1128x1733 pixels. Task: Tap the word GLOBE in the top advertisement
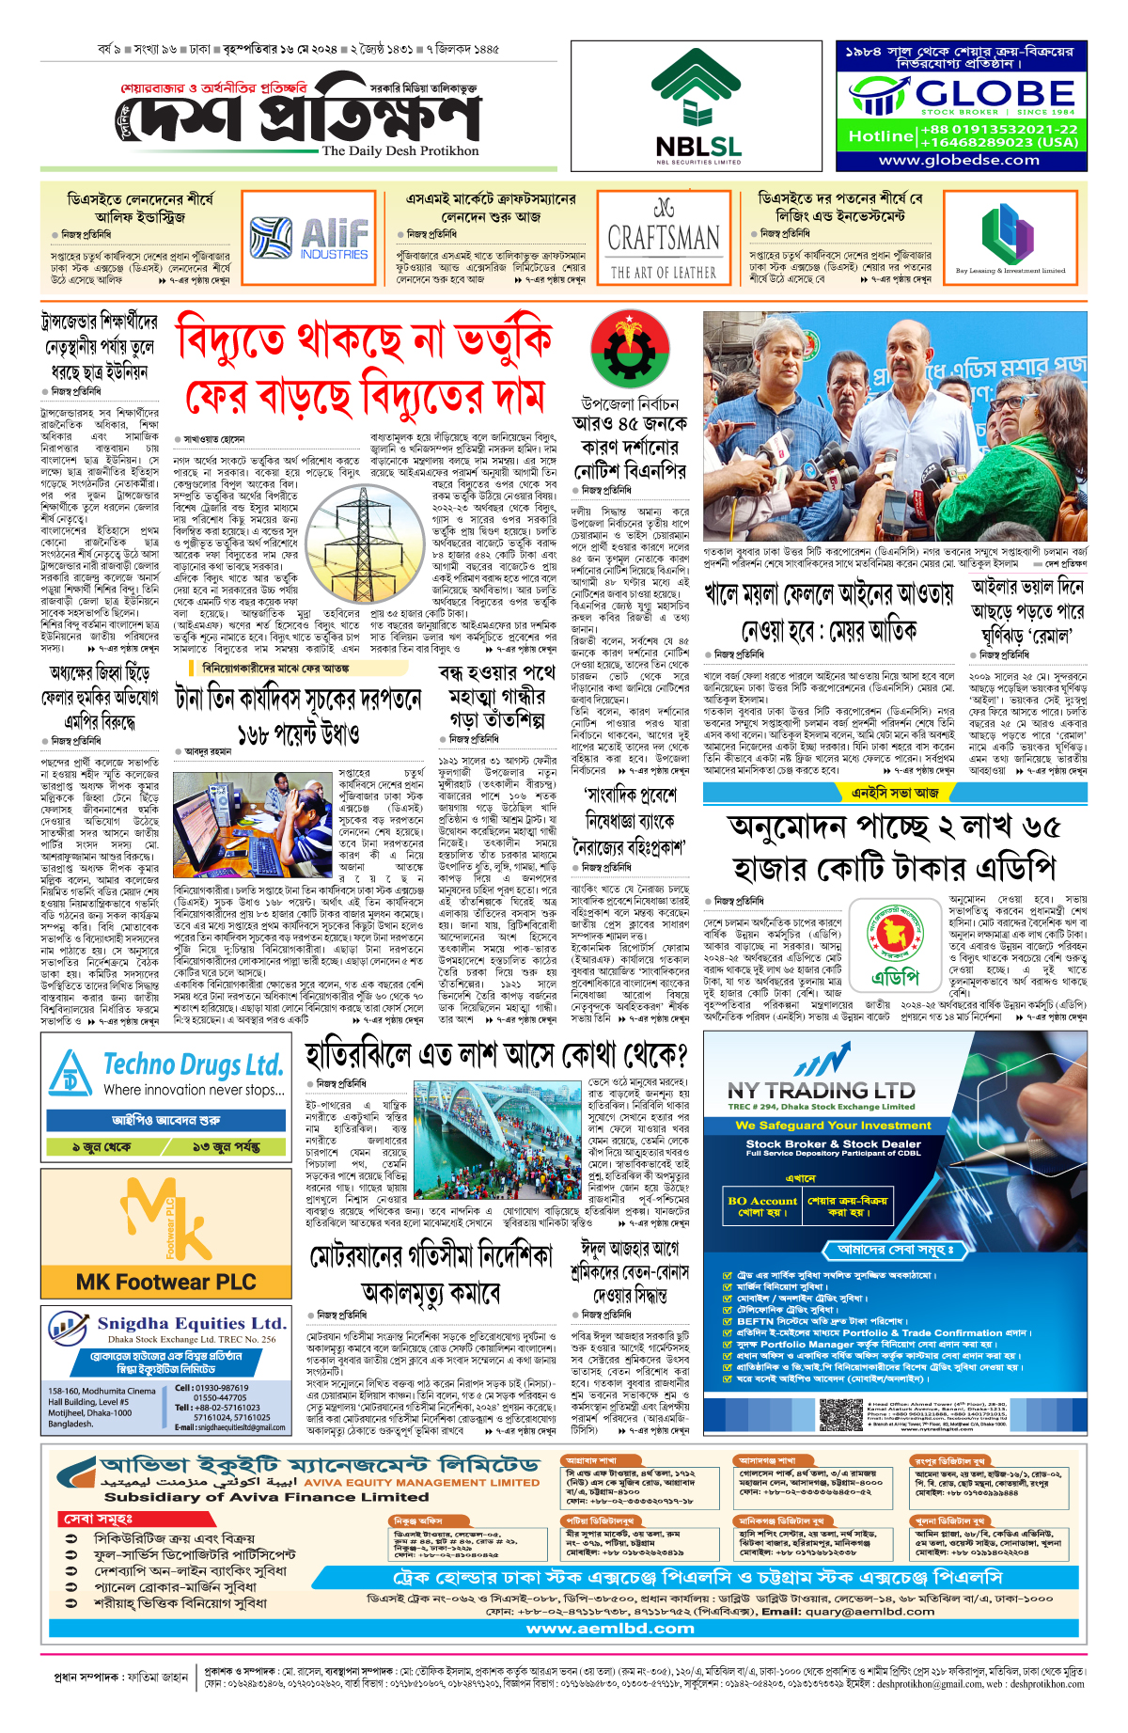995,93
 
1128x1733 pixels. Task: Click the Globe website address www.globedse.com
959,160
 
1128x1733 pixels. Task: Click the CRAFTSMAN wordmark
664,238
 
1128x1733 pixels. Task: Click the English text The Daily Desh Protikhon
399,150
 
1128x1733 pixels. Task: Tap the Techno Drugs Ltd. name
193,1065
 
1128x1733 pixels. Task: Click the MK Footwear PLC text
166,1282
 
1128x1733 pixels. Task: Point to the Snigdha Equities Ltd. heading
192,1323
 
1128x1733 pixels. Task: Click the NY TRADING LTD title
822,1091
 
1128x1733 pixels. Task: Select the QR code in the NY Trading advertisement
840,1416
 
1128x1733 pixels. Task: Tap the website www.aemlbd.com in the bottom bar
610,1629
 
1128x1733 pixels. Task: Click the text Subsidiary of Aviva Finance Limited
266,1497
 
